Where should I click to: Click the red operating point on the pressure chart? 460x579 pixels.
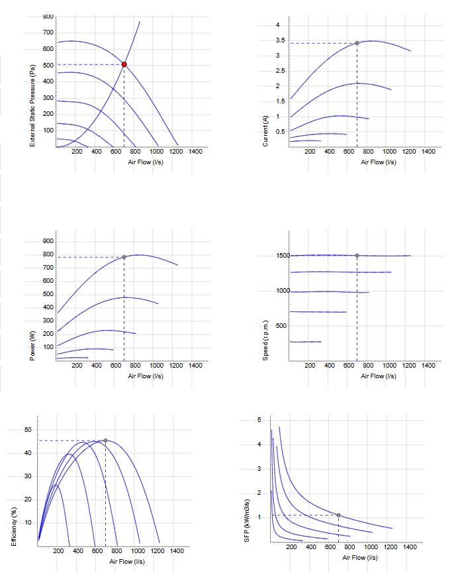(124, 65)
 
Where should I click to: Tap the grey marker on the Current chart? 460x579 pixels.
(357, 43)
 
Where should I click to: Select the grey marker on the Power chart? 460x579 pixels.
(124, 257)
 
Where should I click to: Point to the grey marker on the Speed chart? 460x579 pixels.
(357, 256)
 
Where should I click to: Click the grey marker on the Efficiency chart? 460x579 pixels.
(105, 441)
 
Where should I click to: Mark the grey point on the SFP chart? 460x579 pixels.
(339, 515)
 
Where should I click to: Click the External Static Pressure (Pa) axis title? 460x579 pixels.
(32, 105)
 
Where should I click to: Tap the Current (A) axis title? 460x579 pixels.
(265, 131)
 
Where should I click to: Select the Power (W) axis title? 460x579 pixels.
(32, 346)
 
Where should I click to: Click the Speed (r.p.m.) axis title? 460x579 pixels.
(265, 341)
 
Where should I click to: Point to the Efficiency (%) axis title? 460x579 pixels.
(14, 527)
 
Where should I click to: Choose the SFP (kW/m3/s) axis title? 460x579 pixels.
(247, 521)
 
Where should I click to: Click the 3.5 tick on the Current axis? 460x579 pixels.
(281, 40)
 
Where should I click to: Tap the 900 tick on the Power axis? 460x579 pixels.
(48, 241)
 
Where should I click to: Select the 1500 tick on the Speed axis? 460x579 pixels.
(283, 256)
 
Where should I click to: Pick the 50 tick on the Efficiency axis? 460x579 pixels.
(28, 430)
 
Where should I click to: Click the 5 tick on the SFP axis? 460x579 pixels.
(259, 420)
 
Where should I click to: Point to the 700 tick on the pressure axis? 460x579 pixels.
(48, 32)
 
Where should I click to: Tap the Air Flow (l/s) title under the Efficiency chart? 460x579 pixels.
(127, 562)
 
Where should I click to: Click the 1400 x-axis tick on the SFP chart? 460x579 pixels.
(410, 547)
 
